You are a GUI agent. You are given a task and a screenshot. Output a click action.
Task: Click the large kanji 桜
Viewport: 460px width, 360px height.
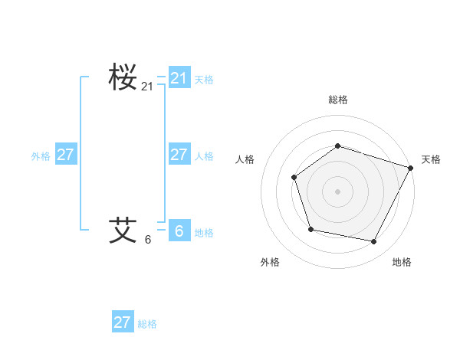click(123, 77)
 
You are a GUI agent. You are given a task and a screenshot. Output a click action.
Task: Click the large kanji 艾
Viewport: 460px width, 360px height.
click(123, 229)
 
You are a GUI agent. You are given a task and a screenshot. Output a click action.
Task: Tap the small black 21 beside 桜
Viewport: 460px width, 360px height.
click(147, 87)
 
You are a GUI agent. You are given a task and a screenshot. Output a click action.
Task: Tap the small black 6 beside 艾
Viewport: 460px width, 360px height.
click(148, 239)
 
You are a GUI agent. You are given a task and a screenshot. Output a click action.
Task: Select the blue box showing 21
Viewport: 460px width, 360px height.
click(179, 78)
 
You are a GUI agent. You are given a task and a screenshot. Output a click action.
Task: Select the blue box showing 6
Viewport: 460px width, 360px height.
click(179, 231)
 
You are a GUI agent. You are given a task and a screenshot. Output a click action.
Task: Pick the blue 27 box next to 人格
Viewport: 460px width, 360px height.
click(179, 155)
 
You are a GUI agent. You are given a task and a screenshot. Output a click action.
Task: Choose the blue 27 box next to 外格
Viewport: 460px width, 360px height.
click(66, 155)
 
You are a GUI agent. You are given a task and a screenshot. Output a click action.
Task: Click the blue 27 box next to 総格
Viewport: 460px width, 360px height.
click(123, 322)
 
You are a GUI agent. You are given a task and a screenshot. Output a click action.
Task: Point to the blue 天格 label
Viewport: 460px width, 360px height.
click(204, 80)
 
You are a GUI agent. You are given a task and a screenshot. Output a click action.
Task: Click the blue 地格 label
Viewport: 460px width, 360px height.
click(204, 233)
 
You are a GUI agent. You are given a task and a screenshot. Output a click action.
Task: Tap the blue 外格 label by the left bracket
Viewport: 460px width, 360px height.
click(41, 156)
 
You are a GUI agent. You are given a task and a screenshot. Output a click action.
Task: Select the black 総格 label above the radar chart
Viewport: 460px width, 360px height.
click(338, 100)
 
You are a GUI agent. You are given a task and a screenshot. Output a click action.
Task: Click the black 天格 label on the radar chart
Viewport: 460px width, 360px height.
click(431, 159)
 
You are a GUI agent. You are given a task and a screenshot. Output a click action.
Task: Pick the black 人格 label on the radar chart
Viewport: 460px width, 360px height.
click(245, 159)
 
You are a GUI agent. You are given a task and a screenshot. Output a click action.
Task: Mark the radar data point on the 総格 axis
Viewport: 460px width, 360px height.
click(338, 146)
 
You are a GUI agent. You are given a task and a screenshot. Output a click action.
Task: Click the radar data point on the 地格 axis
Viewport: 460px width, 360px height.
click(374, 242)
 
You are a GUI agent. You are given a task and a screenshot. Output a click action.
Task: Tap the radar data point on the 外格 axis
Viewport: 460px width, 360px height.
click(310, 229)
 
